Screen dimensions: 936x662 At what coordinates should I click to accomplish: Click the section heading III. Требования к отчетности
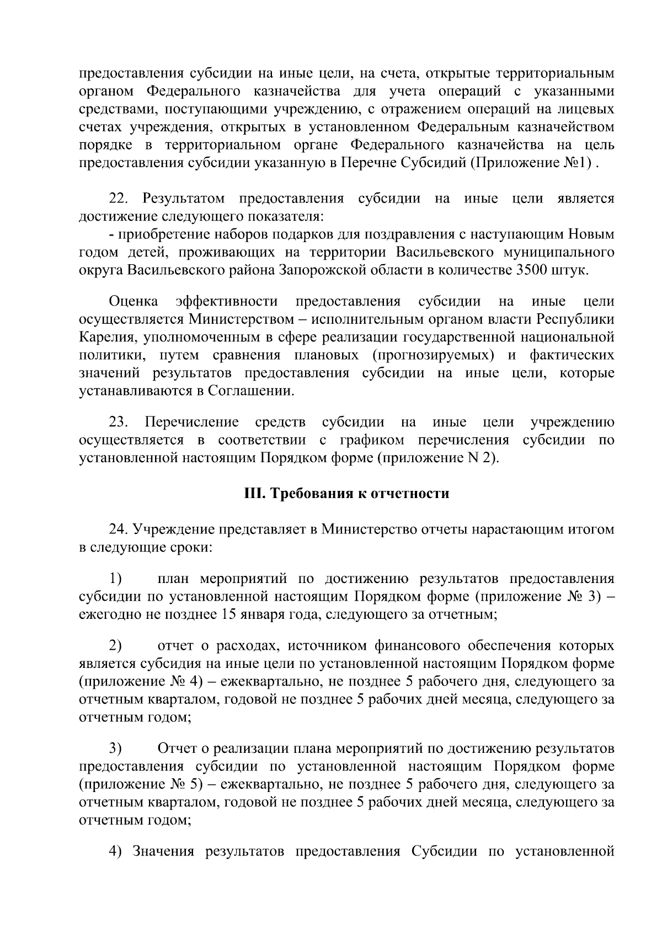point(346,494)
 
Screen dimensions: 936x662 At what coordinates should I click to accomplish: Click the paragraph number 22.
point(119,199)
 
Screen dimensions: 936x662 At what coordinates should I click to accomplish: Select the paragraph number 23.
point(119,422)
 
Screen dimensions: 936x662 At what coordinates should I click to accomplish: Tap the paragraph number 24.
point(119,529)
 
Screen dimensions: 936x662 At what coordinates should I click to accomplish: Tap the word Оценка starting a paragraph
point(134,302)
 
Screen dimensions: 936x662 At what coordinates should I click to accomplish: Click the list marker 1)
point(115,579)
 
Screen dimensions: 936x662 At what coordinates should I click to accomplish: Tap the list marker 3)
point(115,748)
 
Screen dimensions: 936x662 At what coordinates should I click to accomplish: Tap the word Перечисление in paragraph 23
point(191,422)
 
